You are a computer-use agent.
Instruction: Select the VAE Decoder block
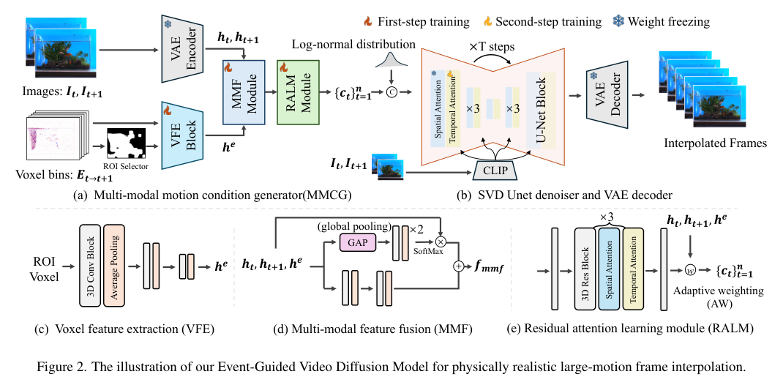click(x=605, y=94)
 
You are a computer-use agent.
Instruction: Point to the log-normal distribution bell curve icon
click(x=389, y=65)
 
